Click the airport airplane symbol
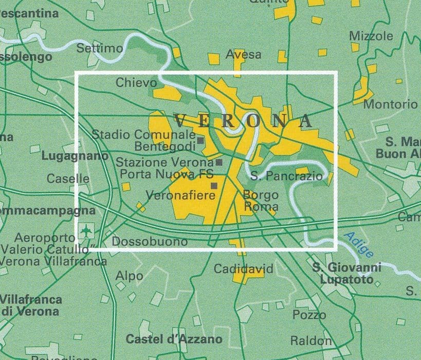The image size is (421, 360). (86, 231)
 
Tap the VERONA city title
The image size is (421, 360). (243, 121)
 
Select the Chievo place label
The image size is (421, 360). (136, 83)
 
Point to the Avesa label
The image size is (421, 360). (244, 55)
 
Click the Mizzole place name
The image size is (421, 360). (371, 37)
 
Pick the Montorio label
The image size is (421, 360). (390, 104)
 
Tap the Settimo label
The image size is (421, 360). (100, 48)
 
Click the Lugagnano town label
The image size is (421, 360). (75, 156)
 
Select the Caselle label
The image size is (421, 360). (68, 179)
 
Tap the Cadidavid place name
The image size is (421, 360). (237, 269)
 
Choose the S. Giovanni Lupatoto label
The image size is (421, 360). (347, 274)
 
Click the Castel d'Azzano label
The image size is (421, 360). (174, 339)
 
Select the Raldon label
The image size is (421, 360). (311, 340)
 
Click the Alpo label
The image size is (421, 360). (129, 276)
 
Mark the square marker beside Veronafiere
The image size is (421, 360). (214, 186)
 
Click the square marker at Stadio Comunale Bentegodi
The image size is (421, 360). (200, 140)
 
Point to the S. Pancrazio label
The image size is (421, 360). (287, 176)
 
